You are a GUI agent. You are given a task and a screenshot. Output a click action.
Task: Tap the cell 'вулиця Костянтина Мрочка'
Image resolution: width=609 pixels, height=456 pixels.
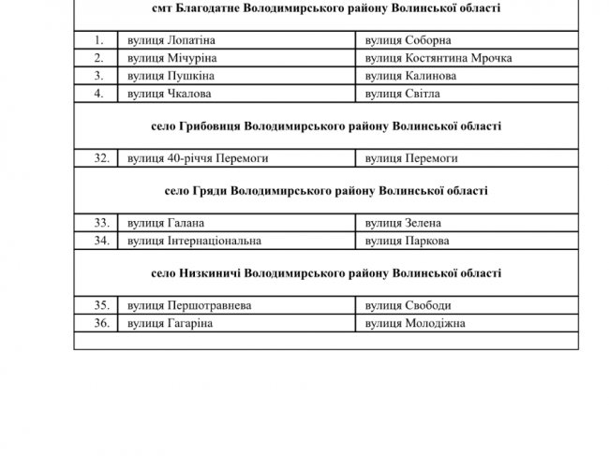[x=438, y=58]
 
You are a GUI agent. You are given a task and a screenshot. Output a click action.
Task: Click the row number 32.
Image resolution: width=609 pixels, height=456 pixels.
[x=103, y=158]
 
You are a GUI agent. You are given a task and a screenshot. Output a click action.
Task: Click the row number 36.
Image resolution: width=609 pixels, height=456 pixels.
[x=103, y=323]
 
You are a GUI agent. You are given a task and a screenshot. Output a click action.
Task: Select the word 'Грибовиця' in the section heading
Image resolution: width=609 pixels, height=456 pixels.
[x=208, y=126]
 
